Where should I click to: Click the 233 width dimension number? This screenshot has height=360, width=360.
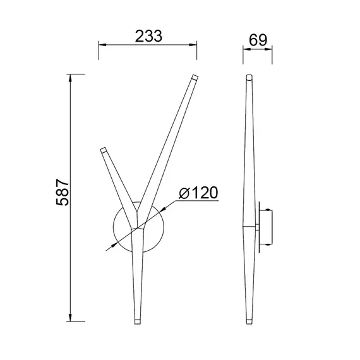pos(148,36)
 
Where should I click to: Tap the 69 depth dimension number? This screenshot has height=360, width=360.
pos(258,40)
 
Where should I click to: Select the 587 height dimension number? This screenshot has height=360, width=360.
pos(63,192)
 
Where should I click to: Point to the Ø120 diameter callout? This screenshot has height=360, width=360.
pos(198,193)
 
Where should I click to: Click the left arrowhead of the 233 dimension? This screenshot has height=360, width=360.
pos(102,45)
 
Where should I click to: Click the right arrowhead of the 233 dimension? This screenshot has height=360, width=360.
pos(193,45)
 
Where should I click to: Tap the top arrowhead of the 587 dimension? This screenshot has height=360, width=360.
pos(70,78)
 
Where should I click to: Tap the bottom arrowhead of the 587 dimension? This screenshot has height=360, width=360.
pos(70,318)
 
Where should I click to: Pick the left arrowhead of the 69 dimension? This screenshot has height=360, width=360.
pos(246,49)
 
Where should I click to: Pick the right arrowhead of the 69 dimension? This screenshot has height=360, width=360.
pos(269,49)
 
